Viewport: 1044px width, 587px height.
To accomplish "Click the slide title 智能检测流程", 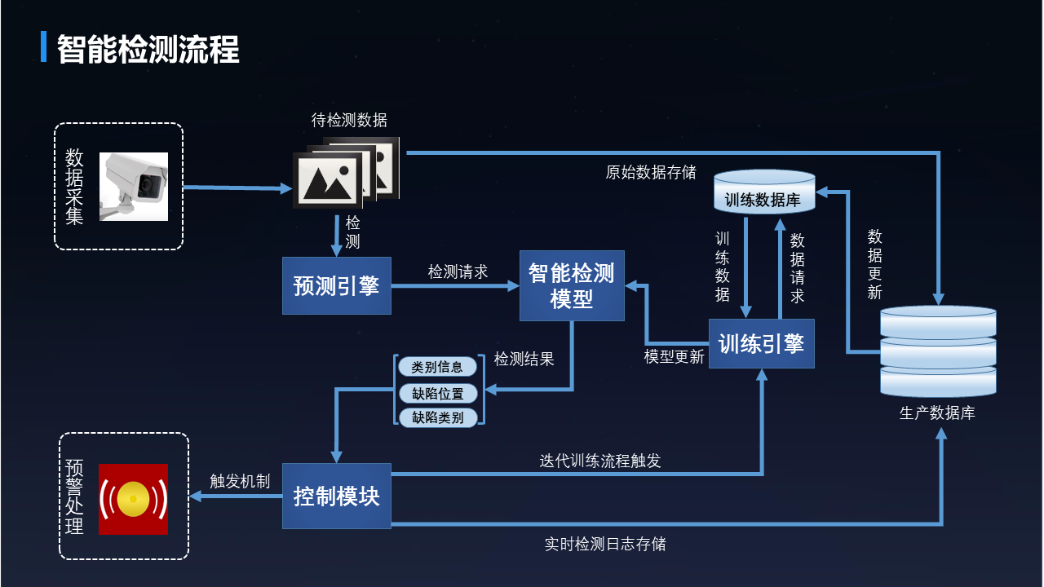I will [148, 49].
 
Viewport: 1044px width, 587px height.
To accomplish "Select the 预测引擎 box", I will [336, 286].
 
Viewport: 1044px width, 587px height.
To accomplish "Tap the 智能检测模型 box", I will [572, 285].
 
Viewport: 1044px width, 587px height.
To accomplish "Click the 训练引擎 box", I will [761, 344].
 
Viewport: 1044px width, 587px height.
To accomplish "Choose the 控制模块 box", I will [336, 496].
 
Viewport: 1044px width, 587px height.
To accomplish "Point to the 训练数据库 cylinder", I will [763, 194].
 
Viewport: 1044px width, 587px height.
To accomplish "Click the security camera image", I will [134, 186].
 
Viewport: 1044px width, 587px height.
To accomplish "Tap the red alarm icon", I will [133, 499].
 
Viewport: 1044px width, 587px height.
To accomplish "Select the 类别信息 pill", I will [437, 367].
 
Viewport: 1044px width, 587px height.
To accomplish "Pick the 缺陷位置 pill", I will [437, 393].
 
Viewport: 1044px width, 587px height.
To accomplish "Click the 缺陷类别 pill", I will [437, 417].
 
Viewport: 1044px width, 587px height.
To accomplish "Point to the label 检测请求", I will [458, 272].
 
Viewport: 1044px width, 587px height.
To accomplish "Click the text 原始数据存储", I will [650, 173].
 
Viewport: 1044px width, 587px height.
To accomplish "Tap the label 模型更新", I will [674, 357].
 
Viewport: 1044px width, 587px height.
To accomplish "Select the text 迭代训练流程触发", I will [599, 461].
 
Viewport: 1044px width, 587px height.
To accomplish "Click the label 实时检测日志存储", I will [604, 544].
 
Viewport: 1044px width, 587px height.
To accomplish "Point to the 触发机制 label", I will [240, 481].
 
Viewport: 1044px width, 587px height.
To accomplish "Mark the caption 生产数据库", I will [936, 413].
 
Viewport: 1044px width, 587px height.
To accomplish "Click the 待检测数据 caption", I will [349, 121].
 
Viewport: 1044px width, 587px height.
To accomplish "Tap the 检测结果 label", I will [524, 359].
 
